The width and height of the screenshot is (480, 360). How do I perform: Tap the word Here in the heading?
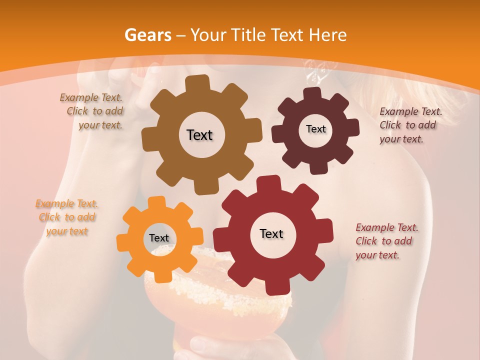coord(328,35)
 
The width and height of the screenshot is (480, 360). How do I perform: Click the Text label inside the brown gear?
coord(199,135)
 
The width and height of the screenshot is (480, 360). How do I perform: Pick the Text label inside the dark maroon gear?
coord(315,129)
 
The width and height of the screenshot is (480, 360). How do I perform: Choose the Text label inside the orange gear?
coord(159,238)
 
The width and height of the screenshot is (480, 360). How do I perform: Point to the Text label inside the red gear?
coord(271,233)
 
